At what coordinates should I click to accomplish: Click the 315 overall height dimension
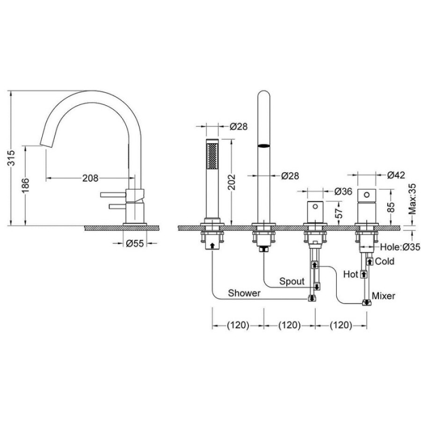[x=12, y=158]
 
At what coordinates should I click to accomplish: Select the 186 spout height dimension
[x=26, y=185]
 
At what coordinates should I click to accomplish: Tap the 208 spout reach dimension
[x=90, y=178]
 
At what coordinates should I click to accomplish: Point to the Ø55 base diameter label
[x=135, y=244]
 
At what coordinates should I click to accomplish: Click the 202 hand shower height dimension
[x=232, y=182]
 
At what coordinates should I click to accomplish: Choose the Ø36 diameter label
[x=343, y=191]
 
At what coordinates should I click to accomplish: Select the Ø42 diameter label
[x=396, y=175]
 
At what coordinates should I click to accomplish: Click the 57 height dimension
[x=340, y=213]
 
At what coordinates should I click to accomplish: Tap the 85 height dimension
[x=392, y=207]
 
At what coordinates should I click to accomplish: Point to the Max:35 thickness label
[x=412, y=199]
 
